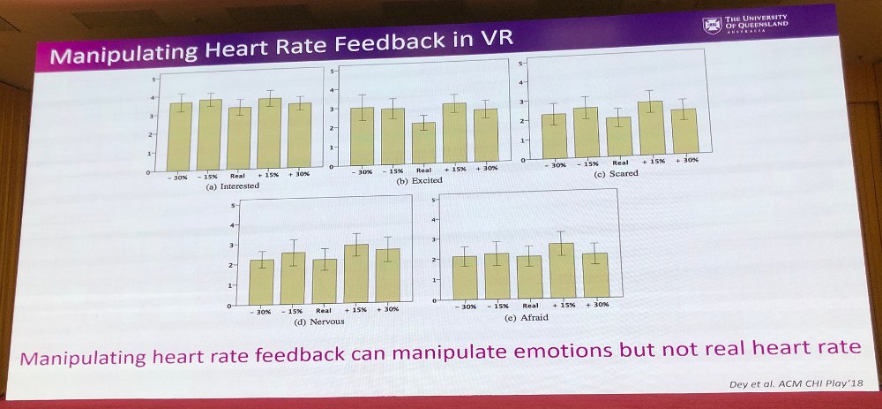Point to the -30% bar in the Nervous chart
coord(261,282)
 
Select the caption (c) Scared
coord(617,173)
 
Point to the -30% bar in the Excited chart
coord(362,136)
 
